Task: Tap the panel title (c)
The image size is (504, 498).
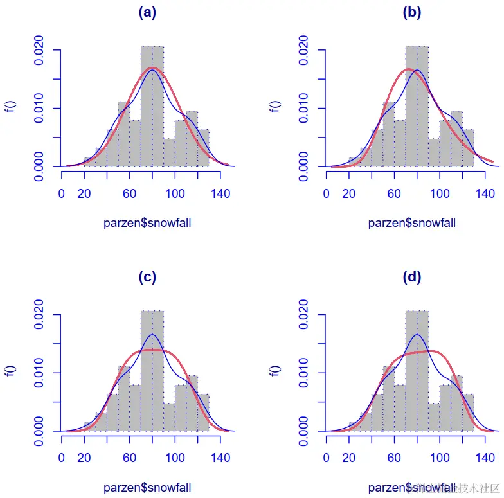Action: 147,277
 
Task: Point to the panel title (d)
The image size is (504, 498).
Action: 412,277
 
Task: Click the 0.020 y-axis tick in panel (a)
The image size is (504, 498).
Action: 40,49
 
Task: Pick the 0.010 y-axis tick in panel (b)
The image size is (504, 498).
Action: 305,108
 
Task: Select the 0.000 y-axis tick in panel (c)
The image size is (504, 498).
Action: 40,431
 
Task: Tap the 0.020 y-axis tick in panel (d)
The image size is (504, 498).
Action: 305,314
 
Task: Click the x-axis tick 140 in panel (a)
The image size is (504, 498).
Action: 221,193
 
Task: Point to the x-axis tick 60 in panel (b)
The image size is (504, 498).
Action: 395,193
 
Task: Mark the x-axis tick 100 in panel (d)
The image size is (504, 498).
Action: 440,458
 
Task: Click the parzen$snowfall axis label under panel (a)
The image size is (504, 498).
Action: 147,223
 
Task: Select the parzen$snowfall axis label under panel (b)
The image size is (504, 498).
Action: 412,223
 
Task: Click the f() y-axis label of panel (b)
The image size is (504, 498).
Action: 276,108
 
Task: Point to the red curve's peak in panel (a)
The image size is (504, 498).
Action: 152,67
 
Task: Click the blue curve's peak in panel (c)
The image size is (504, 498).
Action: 152,335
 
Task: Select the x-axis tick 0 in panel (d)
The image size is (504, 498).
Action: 327,458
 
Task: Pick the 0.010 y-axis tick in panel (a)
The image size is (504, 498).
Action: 40,108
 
